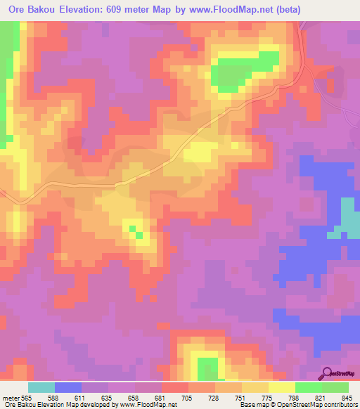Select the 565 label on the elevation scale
tap(27, 398)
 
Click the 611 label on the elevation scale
tap(82, 398)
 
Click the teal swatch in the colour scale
tap(41, 387)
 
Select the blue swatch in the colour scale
tap(68, 387)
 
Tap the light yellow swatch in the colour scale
tap(282, 387)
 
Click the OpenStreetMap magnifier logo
tap(328, 373)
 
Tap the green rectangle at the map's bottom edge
tap(207, 368)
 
